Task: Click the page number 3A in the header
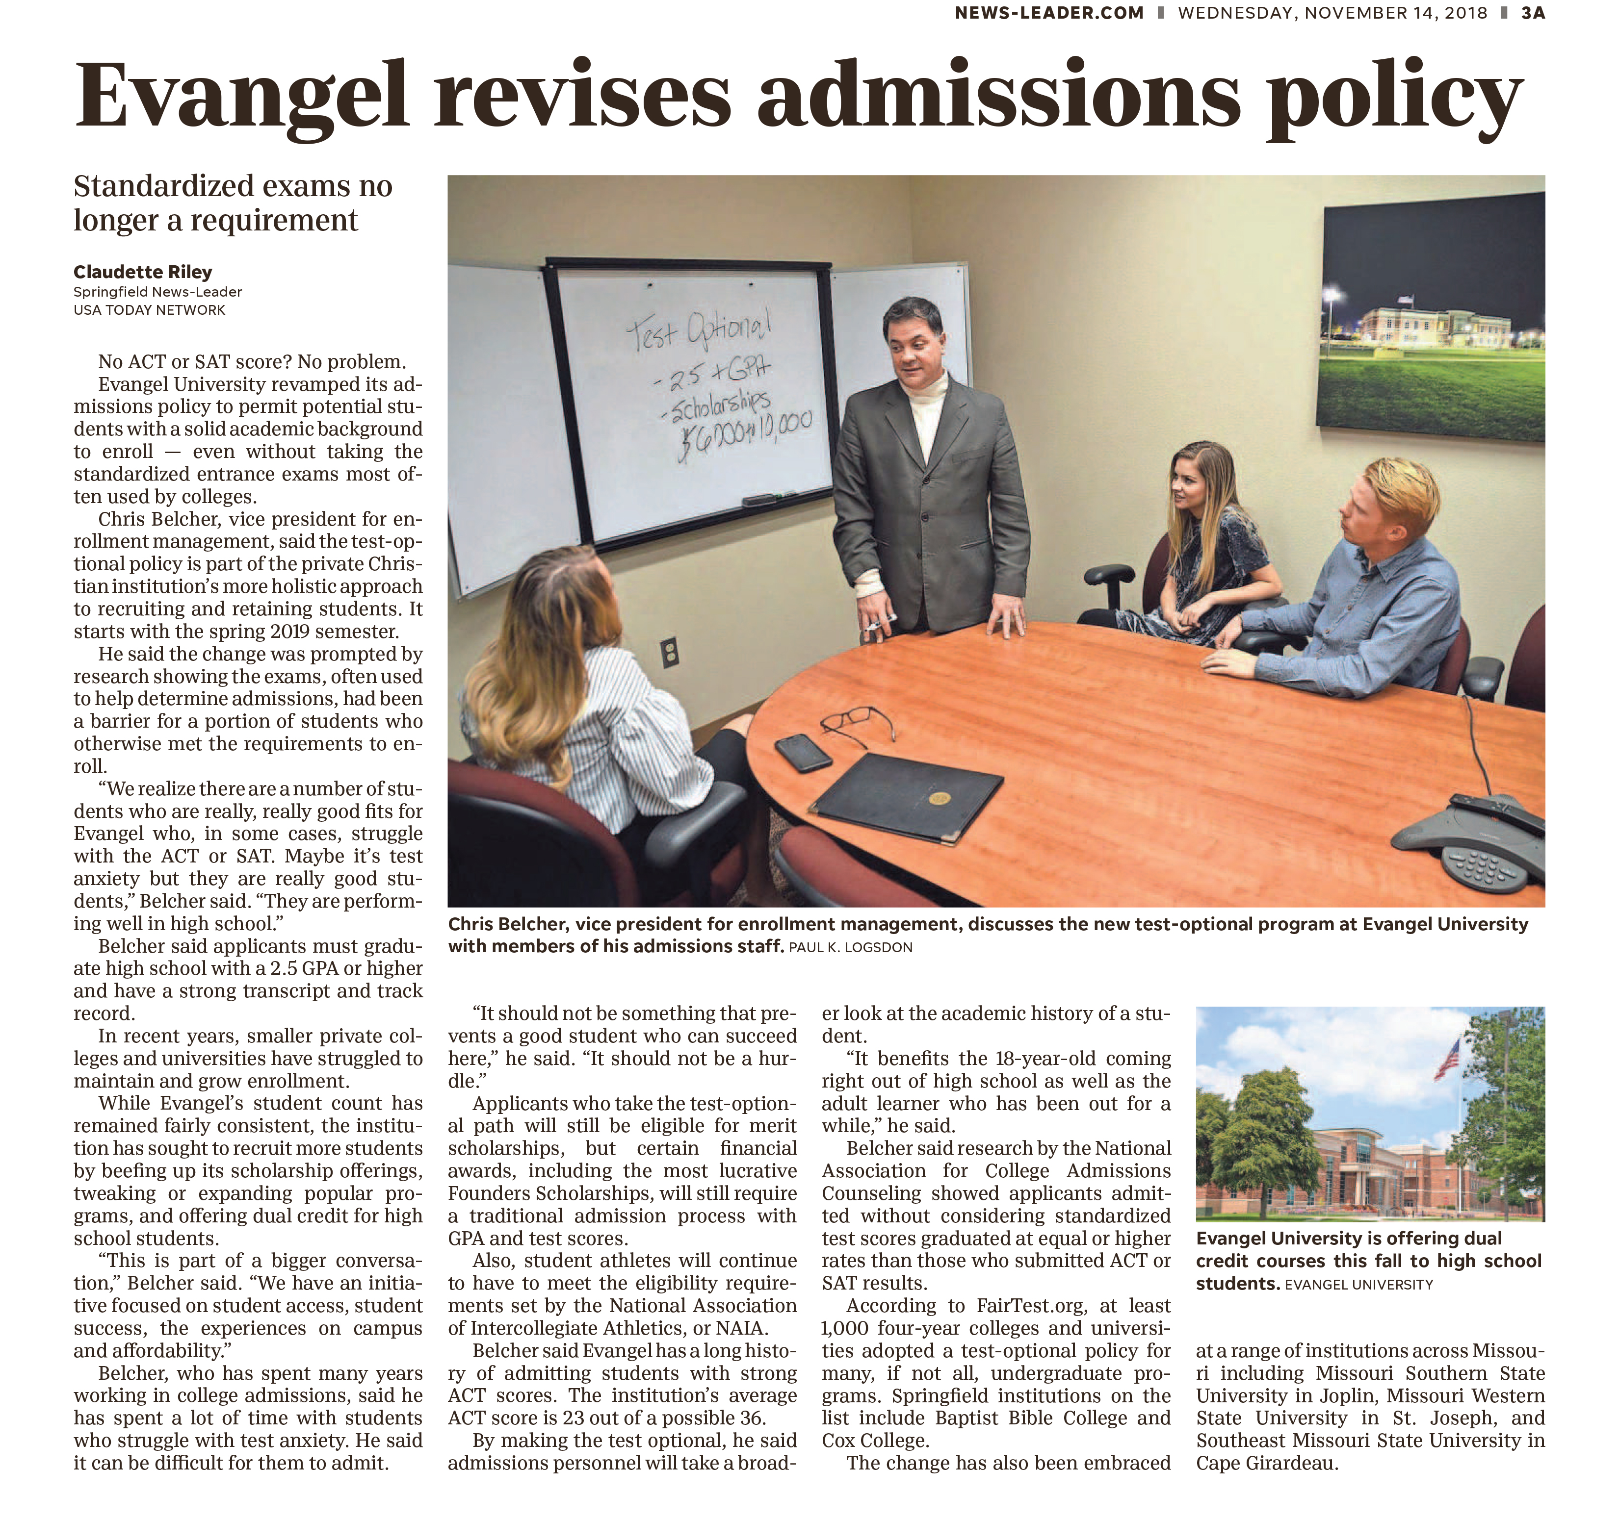[x=1533, y=13]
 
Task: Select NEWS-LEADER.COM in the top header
[x=1049, y=13]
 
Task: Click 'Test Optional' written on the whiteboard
[x=699, y=329]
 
